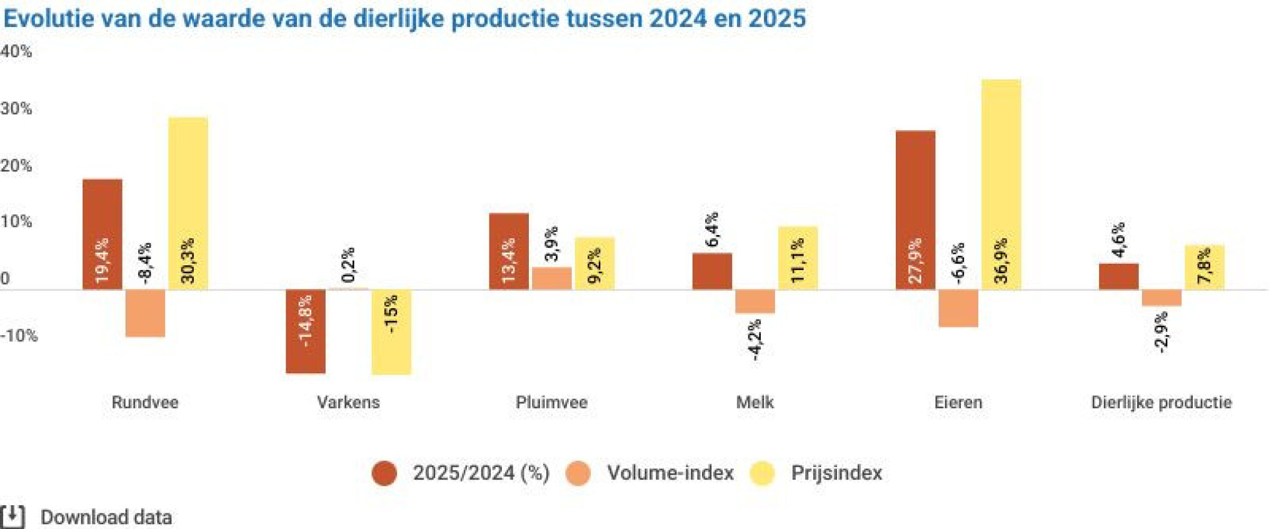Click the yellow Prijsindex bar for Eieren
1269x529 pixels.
coord(1001,184)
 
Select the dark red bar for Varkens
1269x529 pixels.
coord(306,331)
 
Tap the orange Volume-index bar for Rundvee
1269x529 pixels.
coord(145,313)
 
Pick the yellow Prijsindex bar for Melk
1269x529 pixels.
coord(798,258)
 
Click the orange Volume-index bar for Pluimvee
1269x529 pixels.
coord(551,278)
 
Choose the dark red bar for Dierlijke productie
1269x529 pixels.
coord(1118,276)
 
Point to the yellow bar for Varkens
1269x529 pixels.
coord(391,332)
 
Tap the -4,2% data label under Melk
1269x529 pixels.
coord(755,340)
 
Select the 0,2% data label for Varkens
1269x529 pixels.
coord(349,264)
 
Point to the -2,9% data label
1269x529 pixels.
coord(1161,333)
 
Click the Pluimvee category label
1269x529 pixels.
coord(551,402)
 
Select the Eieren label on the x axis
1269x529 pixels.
coord(958,402)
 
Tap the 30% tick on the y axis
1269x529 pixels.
coord(16,108)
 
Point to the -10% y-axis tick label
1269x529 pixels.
coord(19,336)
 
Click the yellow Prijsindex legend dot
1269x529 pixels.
coord(762,473)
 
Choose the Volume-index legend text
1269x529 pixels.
coord(670,473)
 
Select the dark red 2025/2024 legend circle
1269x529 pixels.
coord(384,473)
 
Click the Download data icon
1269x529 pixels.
coord(13,516)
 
